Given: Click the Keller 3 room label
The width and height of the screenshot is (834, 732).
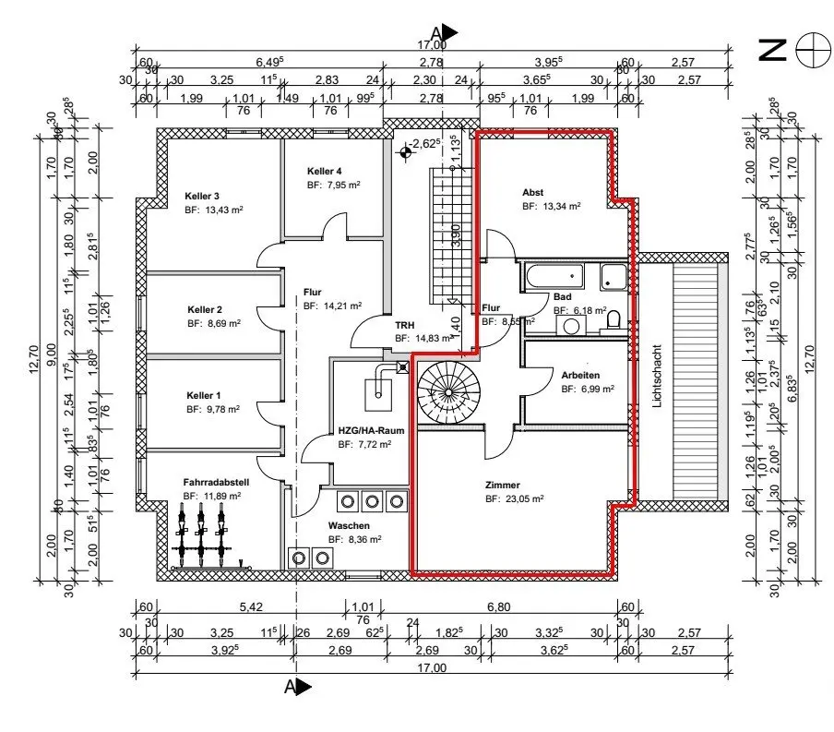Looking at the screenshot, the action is (x=202, y=196).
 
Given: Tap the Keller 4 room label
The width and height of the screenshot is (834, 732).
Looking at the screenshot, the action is (x=325, y=172).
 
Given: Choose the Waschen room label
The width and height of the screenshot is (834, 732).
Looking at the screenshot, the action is (x=348, y=525).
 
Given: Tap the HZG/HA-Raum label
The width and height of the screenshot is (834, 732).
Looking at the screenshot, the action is (x=365, y=430).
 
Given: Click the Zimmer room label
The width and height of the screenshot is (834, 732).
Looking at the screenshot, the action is (x=503, y=485).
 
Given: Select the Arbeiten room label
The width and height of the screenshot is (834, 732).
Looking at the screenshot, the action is (x=580, y=375).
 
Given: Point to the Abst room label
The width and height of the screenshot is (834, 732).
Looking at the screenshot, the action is (x=532, y=192).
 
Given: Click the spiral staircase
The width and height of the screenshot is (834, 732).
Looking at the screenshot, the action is (x=447, y=391).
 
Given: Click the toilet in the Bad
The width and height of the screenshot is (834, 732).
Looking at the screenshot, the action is (x=614, y=321).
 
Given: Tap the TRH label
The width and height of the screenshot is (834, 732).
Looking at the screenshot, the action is (x=405, y=326).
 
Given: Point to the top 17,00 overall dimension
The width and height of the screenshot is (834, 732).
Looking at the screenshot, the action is (x=432, y=44).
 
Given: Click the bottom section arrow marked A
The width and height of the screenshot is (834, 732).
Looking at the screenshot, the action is (x=297, y=686).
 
